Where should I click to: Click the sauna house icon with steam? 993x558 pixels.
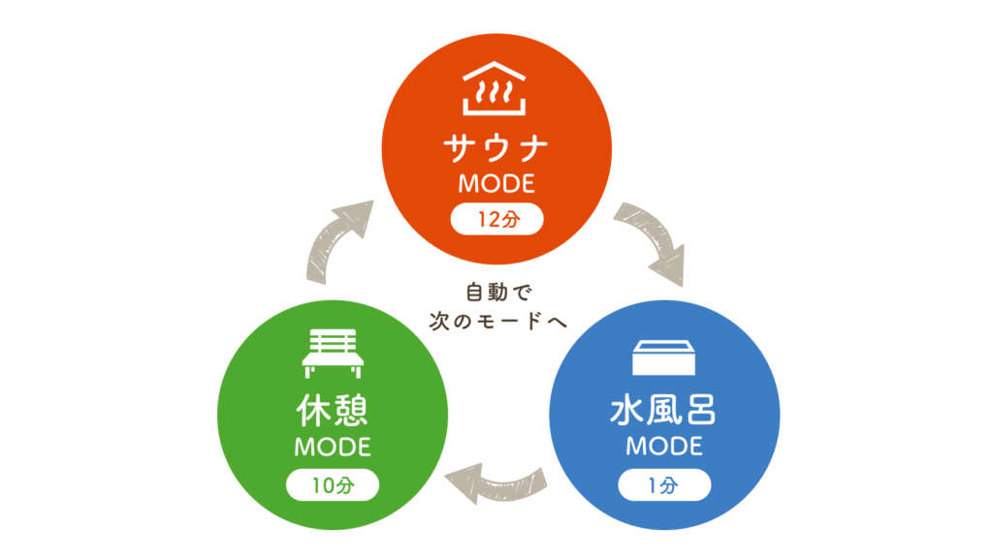tap(496, 88)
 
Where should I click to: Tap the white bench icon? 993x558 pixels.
tap(333, 354)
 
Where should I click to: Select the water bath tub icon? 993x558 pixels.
tap(664, 356)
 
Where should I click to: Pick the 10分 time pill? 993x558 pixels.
tap(333, 485)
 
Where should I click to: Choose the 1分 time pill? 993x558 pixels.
tap(665, 484)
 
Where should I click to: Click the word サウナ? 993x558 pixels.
tap(496, 148)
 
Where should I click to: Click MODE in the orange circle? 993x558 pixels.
tap(496, 183)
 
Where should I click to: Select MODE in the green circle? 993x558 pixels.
tap(333, 449)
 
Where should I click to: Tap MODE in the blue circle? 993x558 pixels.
tap(664, 448)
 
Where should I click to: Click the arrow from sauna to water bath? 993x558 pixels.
tap(652, 242)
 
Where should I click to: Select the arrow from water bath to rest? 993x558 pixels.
tap(496, 478)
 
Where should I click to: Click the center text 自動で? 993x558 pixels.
tap(497, 291)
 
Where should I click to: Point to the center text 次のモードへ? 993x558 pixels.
tap(497, 321)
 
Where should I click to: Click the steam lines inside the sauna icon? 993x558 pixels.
tap(496, 94)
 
